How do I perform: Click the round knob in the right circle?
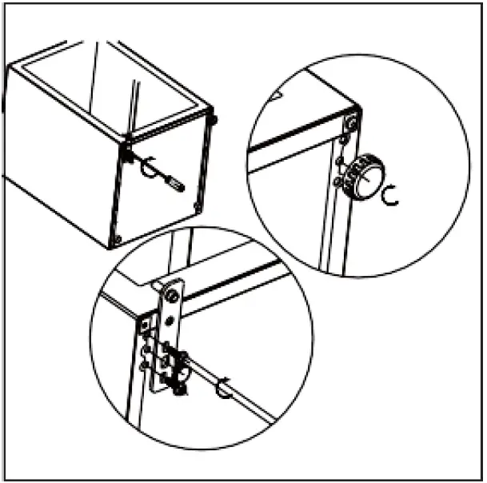point(364,176)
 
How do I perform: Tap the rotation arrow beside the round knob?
point(391,194)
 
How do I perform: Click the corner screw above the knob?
point(351,123)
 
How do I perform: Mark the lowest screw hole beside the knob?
point(337,185)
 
